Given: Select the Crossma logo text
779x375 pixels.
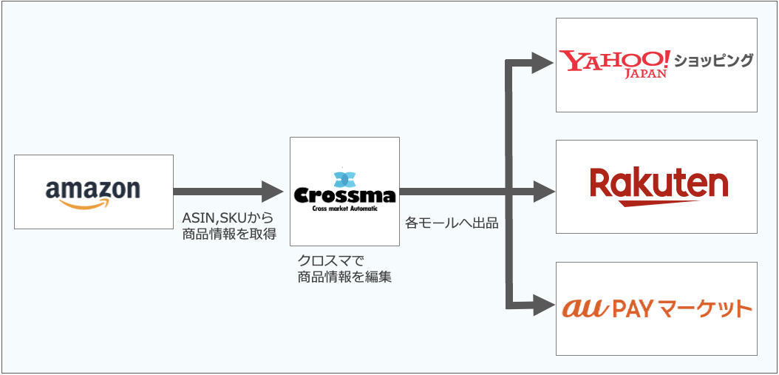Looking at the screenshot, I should tap(344, 195).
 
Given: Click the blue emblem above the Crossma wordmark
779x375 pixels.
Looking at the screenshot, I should tap(344, 178).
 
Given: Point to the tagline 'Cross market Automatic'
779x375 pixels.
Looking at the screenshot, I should tap(344, 209).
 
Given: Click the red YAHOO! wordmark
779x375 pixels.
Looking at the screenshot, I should tap(613, 59).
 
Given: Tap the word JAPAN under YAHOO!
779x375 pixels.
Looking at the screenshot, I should tap(645, 74).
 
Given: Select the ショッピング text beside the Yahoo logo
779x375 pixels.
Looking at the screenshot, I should tap(713, 60).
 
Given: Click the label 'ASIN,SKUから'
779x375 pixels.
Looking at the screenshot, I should tap(227, 219).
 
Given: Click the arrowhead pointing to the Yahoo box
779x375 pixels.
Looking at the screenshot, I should tap(542, 63).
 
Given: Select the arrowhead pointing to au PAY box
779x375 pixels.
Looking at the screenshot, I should tap(542, 303).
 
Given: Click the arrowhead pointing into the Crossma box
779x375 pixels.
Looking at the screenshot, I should tap(273, 192).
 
